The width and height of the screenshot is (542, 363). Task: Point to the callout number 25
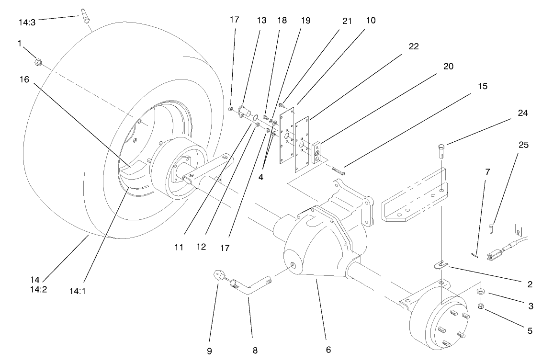pyautogui.click(x=523, y=145)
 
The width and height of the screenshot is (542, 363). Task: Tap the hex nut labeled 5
pyautogui.click(x=481, y=306)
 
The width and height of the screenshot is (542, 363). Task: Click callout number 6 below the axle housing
pyautogui.click(x=328, y=350)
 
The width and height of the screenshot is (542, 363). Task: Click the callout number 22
pyautogui.click(x=414, y=46)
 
